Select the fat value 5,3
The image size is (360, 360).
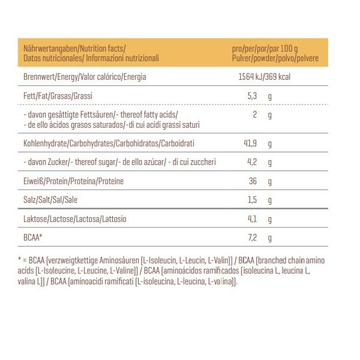(x=252, y=96)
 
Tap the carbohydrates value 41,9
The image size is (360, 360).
(x=250, y=144)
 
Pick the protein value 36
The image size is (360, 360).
(x=253, y=181)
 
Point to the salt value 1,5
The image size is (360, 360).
(x=252, y=200)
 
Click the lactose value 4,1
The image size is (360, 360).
(x=252, y=219)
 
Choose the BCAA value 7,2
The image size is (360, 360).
(x=252, y=238)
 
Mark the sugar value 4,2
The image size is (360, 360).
(x=252, y=162)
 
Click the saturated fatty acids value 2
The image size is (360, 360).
(x=255, y=115)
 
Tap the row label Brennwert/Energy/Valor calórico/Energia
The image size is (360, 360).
(x=85, y=77)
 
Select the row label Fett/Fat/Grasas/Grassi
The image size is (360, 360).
(x=57, y=96)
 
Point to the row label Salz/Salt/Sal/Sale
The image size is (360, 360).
(x=50, y=200)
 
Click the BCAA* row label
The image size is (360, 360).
(x=32, y=238)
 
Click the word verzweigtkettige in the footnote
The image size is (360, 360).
(x=78, y=260)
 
